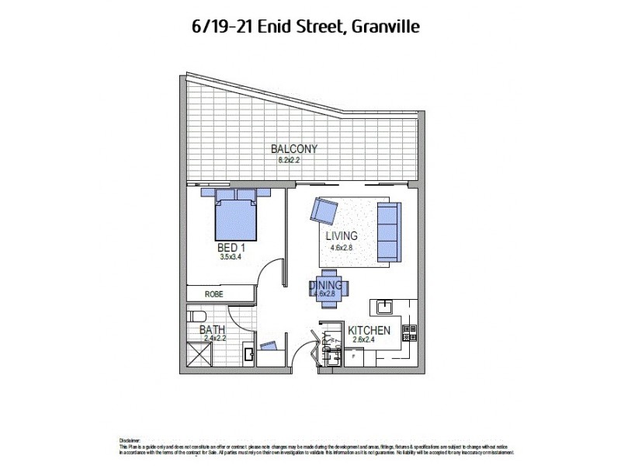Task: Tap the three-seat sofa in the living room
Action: (x=387, y=231)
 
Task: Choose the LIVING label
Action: (x=342, y=236)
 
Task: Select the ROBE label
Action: (x=214, y=294)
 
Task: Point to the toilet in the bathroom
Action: (x=196, y=316)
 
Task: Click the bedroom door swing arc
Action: (x=268, y=274)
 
